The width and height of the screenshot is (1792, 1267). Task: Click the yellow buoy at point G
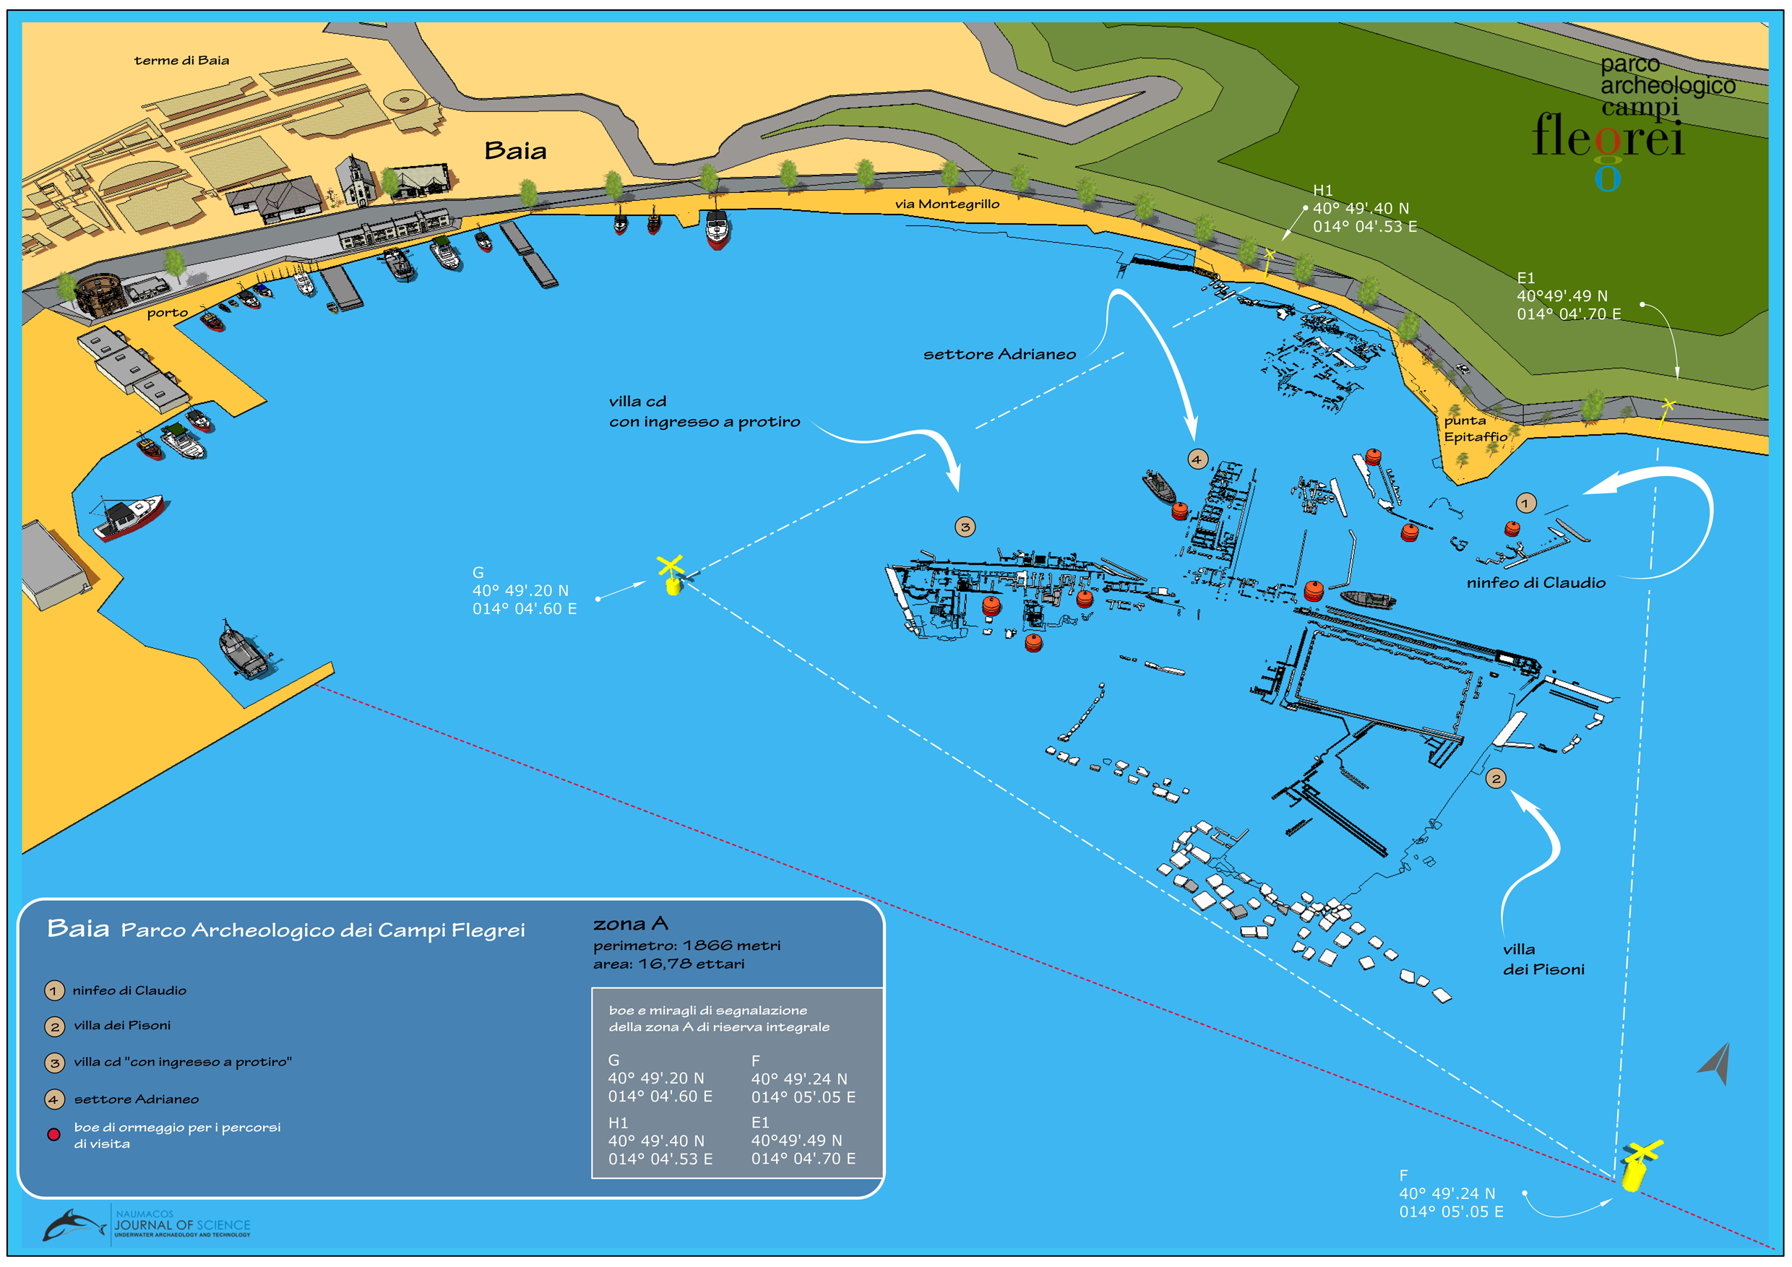tap(671, 576)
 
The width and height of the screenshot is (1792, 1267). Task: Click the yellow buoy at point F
tap(1637, 1166)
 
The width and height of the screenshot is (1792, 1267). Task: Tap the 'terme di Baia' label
tap(181, 60)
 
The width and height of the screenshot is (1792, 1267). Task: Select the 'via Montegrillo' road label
tap(947, 204)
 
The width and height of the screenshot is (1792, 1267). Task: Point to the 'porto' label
tap(167, 313)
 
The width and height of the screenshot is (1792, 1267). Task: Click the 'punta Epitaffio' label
tap(1474, 428)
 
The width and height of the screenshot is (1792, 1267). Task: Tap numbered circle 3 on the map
tap(965, 527)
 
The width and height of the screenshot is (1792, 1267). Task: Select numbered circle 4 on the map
tap(1197, 459)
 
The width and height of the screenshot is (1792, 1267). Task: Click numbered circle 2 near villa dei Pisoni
tap(1496, 778)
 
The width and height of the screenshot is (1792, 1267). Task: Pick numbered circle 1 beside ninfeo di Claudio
tap(1525, 503)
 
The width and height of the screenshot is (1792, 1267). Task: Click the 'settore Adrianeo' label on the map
tap(999, 354)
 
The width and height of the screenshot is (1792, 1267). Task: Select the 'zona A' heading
tap(630, 924)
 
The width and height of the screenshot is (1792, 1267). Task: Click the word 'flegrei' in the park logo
tap(1607, 137)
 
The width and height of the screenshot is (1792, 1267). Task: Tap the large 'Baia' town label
tap(515, 150)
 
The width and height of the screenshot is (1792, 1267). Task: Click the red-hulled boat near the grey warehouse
tap(128, 516)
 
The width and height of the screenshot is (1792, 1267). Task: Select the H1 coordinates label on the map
tap(1364, 208)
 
